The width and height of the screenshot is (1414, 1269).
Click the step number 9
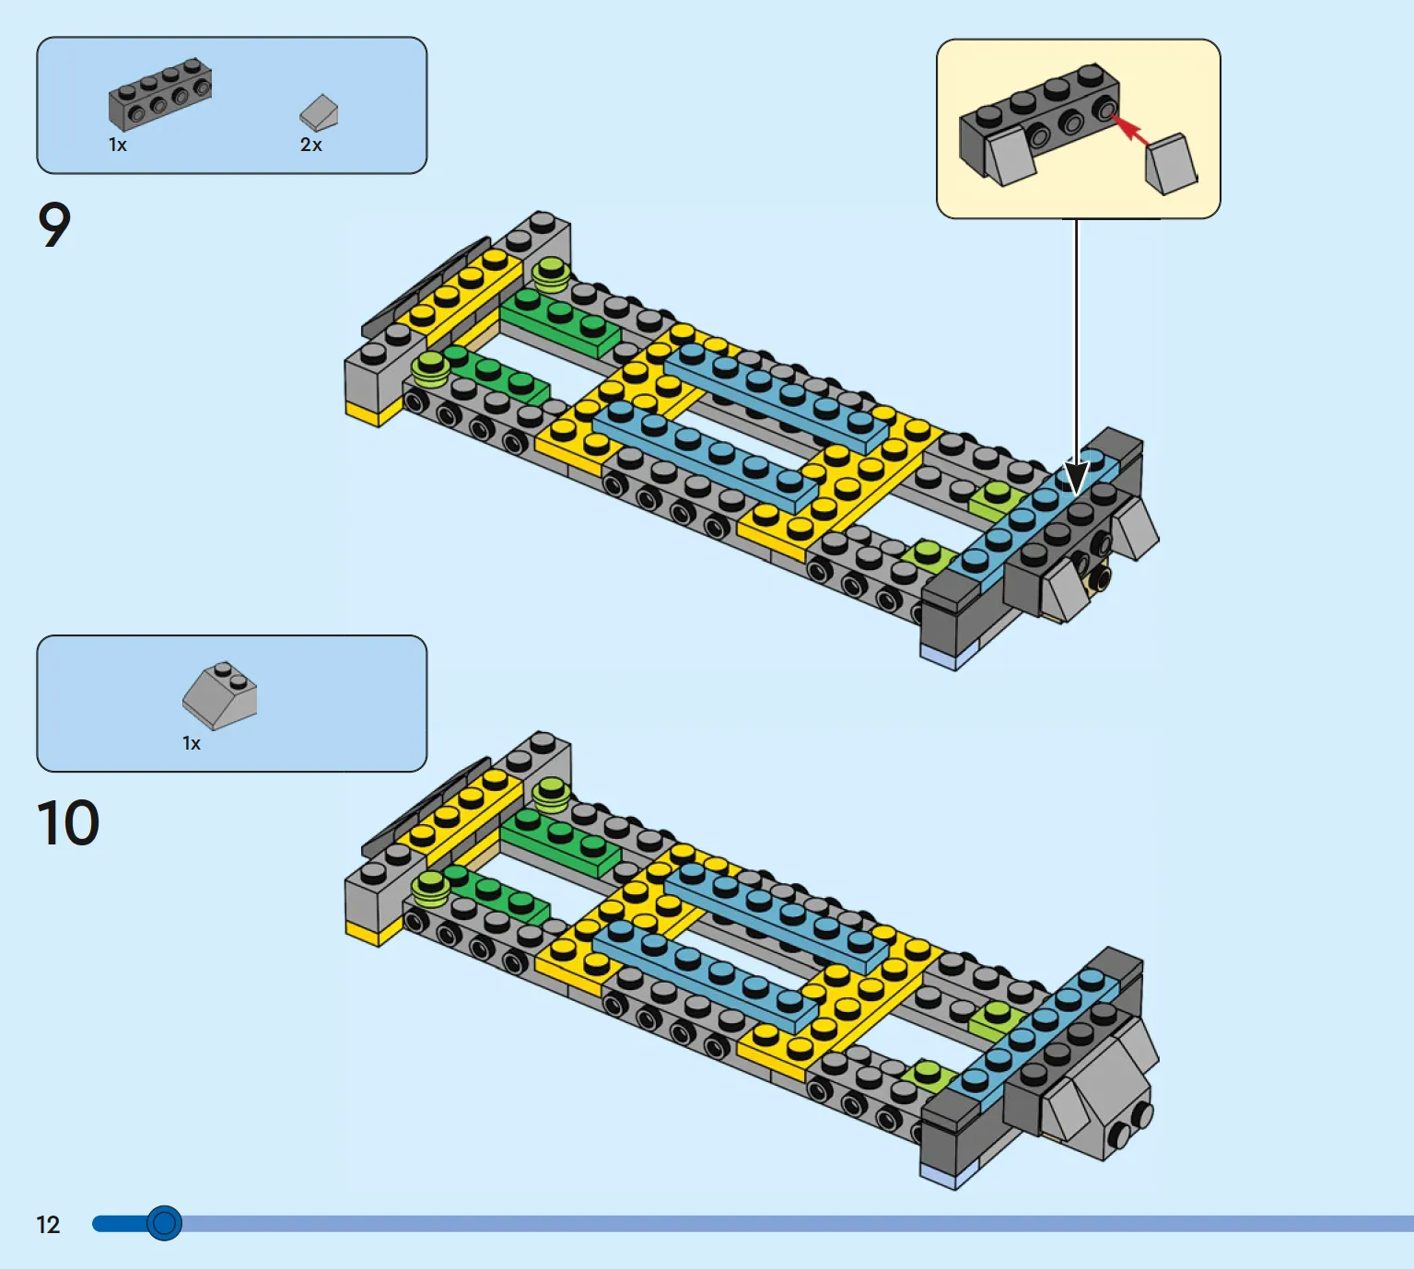[53, 225]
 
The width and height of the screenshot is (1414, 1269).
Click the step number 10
[67, 822]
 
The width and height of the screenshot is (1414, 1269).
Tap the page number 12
[48, 1225]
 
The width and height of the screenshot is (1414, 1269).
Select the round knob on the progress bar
[164, 1223]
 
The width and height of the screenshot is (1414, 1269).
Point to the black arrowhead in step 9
[1076, 477]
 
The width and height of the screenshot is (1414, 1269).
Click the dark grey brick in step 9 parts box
[160, 94]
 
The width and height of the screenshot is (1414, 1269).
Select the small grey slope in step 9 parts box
[319, 112]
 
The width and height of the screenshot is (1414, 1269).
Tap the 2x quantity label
[311, 145]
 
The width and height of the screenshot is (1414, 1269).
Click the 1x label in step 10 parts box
[192, 743]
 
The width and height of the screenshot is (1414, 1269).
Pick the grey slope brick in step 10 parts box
[220, 695]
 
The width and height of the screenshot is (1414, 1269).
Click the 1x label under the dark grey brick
[117, 145]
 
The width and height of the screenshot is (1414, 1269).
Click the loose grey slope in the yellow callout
[1171, 164]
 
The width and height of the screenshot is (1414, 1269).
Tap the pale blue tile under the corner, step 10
[949, 1175]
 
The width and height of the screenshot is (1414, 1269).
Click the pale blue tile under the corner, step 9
[949, 655]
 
